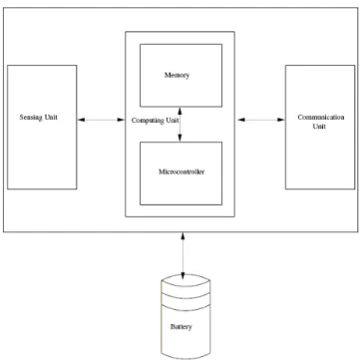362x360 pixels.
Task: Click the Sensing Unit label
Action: click(38, 118)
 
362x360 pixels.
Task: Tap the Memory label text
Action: click(178, 75)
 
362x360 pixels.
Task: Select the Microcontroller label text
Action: click(181, 172)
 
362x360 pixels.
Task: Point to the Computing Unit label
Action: click(156, 121)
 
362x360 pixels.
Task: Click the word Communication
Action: click(321, 118)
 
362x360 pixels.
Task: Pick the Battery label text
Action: click(181, 327)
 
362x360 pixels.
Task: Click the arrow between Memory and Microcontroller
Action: click(180, 125)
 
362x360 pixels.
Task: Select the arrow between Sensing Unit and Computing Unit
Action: click(101, 120)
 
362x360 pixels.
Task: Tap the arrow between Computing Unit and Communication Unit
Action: click(261, 120)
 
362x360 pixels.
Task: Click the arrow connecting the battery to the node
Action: click(182, 255)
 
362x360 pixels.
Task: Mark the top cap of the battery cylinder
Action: click(185, 281)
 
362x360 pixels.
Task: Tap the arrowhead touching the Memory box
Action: click(180, 111)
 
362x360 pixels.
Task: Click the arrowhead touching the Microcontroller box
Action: click(180, 139)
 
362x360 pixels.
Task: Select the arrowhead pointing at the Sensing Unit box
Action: click(81, 120)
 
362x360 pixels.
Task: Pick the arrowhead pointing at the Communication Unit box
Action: click(281, 120)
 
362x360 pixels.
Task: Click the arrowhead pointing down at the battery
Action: click(182, 275)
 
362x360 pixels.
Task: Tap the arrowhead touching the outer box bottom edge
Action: click(182, 235)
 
